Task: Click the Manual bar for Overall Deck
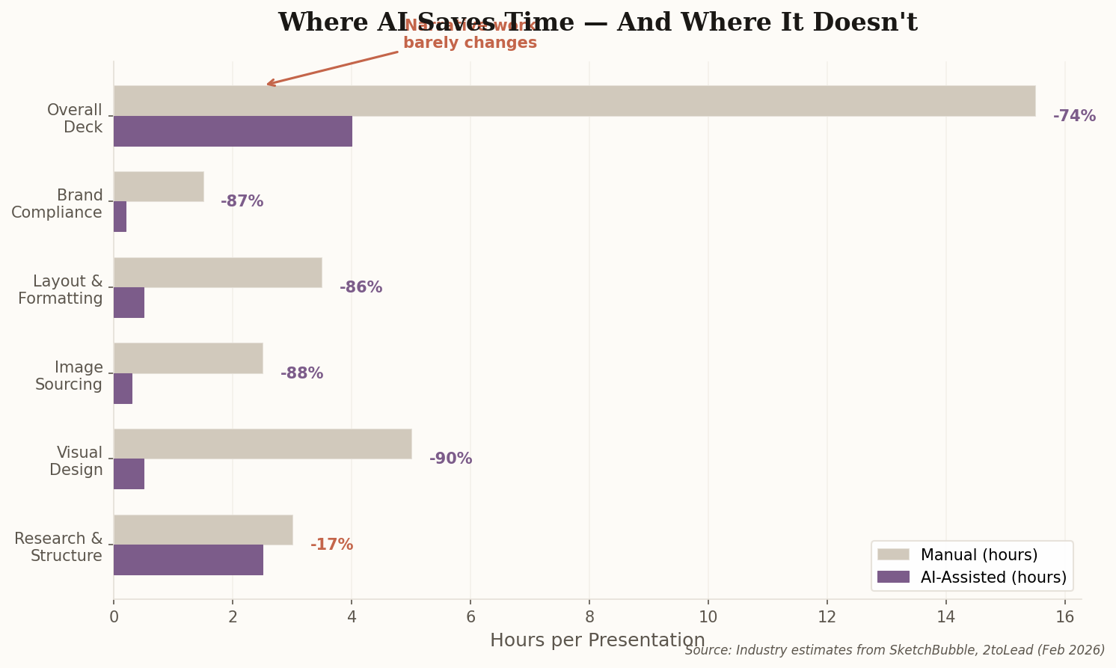point(574,101)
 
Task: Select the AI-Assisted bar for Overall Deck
point(233,131)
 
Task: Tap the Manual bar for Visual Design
point(263,444)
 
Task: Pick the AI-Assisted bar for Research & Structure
point(188,560)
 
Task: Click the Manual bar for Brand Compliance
point(159,186)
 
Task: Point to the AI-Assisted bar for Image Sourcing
point(123,388)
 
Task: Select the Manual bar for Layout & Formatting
point(218,272)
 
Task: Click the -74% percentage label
point(1074,116)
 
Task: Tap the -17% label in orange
point(331,545)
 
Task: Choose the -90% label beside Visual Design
point(450,459)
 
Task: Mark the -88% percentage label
point(301,373)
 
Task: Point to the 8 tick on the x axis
point(589,617)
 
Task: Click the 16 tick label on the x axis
point(1064,617)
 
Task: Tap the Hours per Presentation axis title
point(597,640)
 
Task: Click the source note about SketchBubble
point(895,650)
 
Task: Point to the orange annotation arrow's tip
point(268,85)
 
